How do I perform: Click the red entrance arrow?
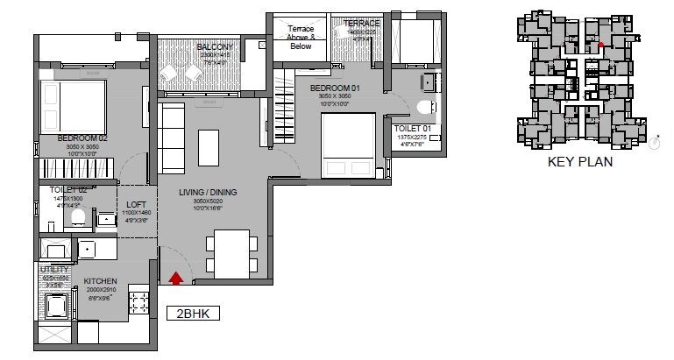tap(176, 279)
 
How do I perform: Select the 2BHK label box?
tap(192, 313)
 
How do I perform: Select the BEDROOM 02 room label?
tap(82, 138)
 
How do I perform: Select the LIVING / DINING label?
tap(208, 192)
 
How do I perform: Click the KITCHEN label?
tap(101, 281)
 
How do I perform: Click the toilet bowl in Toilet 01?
tap(424, 109)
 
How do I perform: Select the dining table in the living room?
tap(231, 253)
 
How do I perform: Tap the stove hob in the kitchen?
tap(137, 302)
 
